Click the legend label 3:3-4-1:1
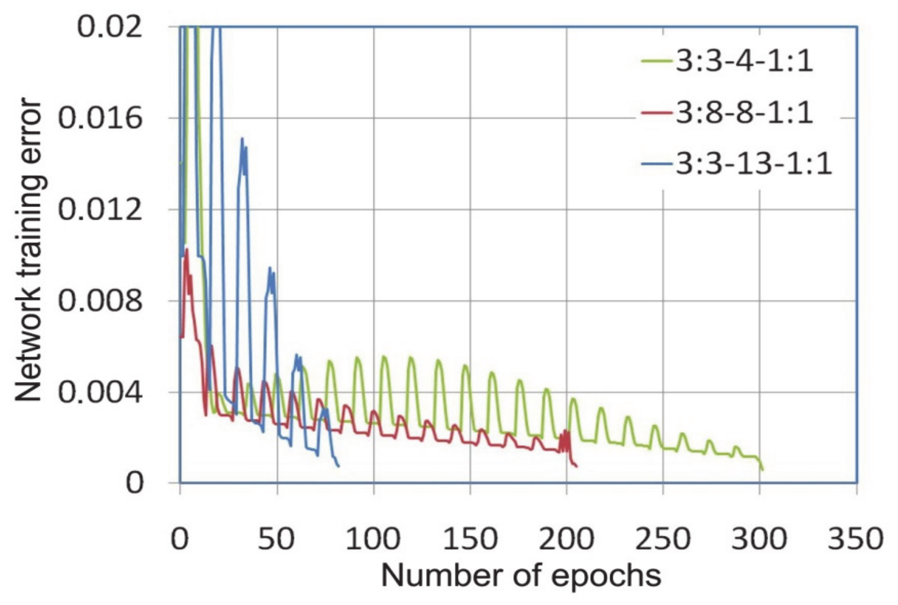click(x=744, y=60)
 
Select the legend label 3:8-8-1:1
click(x=744, y=112)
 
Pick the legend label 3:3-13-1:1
click(x=753, y=163)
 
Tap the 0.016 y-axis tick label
click(x=100, y=118)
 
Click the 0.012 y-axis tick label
click(x=100, y=209)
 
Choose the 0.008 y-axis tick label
click(x=100, y=301)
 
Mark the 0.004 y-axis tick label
click(x=100, y=392)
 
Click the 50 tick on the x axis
click(x=276, y=539)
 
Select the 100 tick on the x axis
click(x=373, y=539)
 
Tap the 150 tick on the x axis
click(x=470, y=539)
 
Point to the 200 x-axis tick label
click(x=566, y=539)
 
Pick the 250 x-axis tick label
click(x=663, y=539)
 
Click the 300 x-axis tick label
click(x=759, y=539)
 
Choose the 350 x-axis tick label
click(x=855, y=539)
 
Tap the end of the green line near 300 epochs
click(x=762, y=470)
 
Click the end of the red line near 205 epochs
click(x=577, y=466)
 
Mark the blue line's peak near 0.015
click(x=242, y=139)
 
